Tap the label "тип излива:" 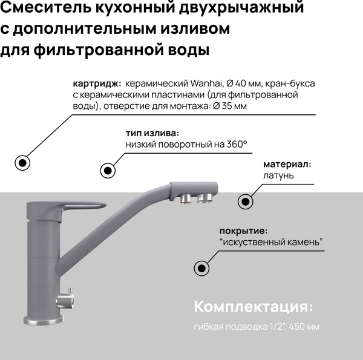[152, 133]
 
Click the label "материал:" [287, 164]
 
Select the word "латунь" [279, 175]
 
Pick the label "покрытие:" [244, 231]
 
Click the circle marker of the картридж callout [23, 162]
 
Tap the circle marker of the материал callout [245, 201]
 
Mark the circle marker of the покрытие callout [202, 269]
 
